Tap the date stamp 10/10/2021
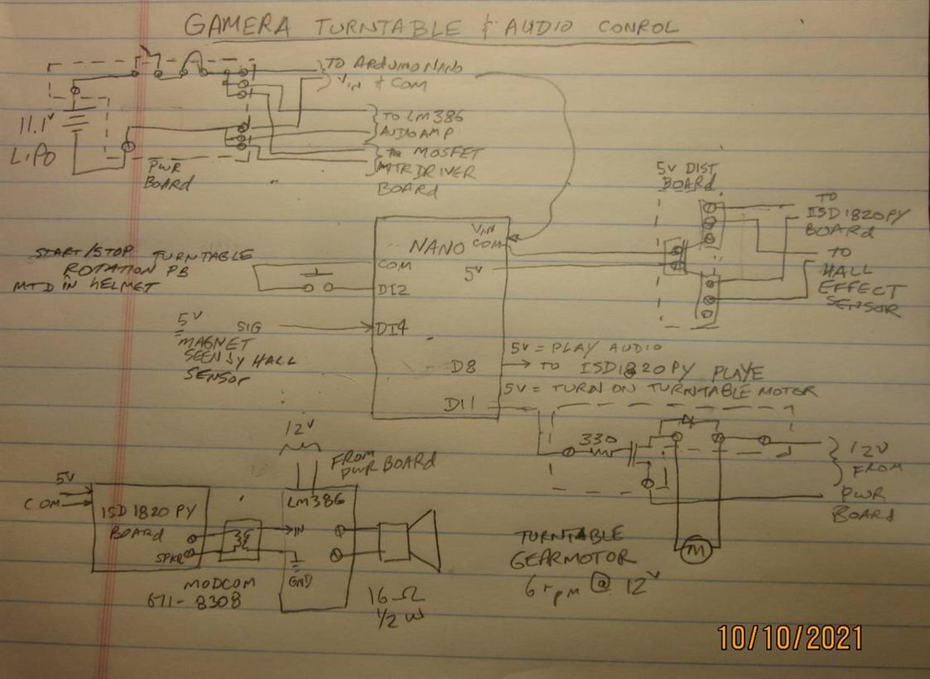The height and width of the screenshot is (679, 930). coord(790,638)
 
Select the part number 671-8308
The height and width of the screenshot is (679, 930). coord(213,602)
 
